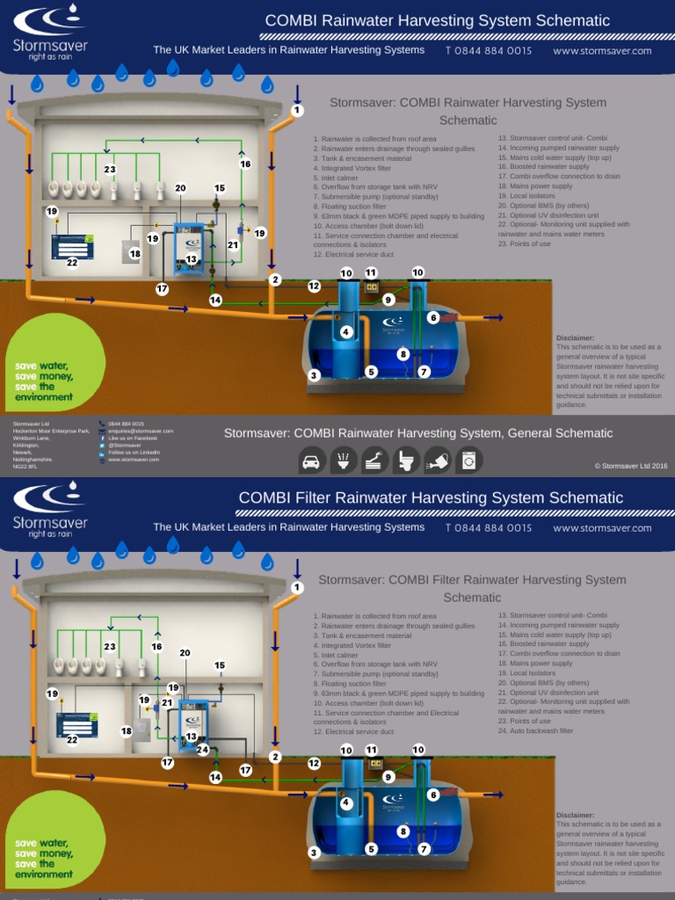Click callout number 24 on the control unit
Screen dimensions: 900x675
[x=203, y=750]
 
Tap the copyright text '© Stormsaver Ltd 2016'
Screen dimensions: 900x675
[x=631, y=467]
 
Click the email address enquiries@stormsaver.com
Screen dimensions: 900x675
[x=140, y=432]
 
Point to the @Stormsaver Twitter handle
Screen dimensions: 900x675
[x=127, y=446]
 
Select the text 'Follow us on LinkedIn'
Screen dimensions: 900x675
[x=134, y=453]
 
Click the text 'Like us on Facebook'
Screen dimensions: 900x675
[x=133, y=439]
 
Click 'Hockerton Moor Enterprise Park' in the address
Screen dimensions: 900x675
[x=51, y=432]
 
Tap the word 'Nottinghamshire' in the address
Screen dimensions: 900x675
[x=33, y=460]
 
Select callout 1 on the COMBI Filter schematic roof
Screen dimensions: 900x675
[x=297, y=587]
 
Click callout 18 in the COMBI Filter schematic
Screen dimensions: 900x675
[x=127, y=730]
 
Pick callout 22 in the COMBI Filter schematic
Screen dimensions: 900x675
[x=72, y=739]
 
